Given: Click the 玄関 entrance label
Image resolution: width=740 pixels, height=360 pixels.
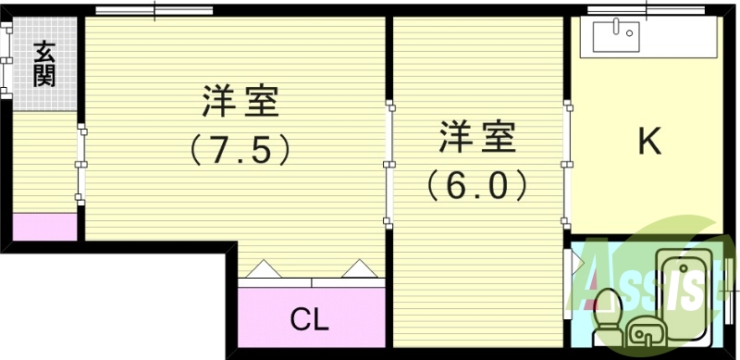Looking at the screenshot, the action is tap(44, 63).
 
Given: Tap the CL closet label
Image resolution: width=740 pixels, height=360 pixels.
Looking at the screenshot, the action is tap(310, 319).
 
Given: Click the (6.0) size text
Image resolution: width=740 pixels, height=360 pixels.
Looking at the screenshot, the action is tap(477, 185).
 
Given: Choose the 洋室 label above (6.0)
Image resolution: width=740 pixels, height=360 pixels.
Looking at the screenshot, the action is tap(477, 139).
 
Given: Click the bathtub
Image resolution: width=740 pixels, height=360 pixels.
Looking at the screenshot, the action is tap(684, 287).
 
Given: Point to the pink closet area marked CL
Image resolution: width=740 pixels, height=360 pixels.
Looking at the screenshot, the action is tap(310, 310).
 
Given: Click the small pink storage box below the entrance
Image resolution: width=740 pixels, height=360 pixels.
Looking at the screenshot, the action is tap(44, 227).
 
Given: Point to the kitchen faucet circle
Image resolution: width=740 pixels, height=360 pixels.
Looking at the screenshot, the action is tap(630, 33).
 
